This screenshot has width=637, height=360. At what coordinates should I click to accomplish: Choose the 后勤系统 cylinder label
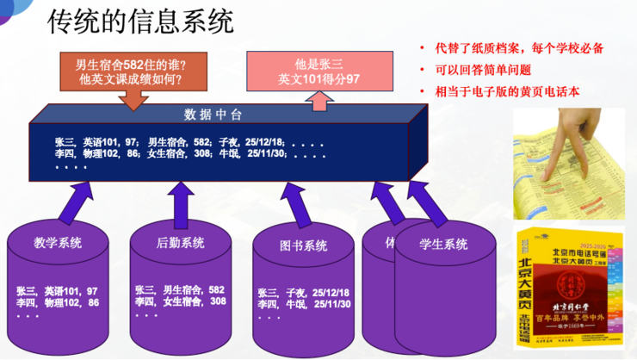tap(180, 243)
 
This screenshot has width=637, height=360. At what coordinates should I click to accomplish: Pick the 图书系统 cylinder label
tap(303, 246)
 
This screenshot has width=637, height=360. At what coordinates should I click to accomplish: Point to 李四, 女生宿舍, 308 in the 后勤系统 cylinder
tap(180, 302)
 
